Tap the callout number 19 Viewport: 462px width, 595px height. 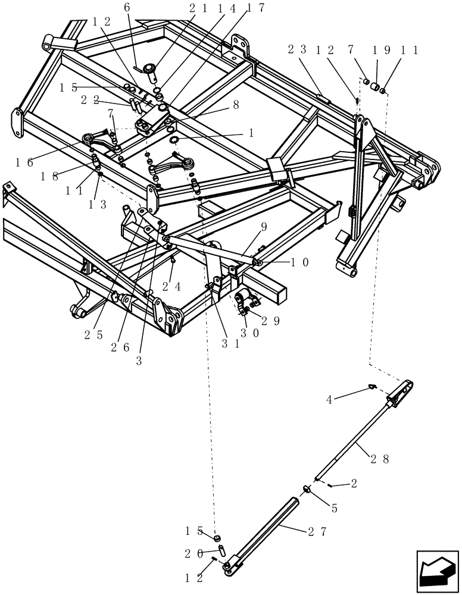pos(381,51)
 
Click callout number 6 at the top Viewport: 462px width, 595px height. pos(126,8)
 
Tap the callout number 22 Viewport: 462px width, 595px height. pos(89,101)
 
